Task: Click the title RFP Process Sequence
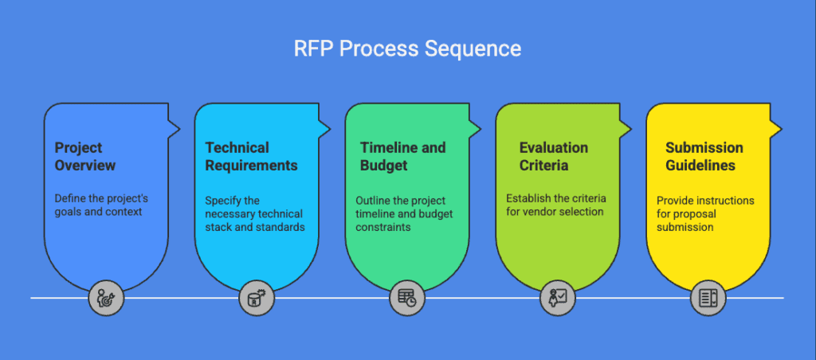tap(407, 49)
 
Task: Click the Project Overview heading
tap(85, 156)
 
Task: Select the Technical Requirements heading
tap(251, 156)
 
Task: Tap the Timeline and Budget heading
tap(402, 156)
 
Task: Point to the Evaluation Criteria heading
tap(553, 156)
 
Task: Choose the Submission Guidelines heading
tap(704, 156)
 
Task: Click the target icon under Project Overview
tap(105, 298)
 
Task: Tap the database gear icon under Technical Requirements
tap(256, 298)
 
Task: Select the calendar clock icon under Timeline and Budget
tap(406, 298)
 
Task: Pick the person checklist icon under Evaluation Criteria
tap(557, 298)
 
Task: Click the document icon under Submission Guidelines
tap(708, 298)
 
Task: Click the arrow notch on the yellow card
tap(775, 127)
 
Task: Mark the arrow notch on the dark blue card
tap(173, 127)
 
